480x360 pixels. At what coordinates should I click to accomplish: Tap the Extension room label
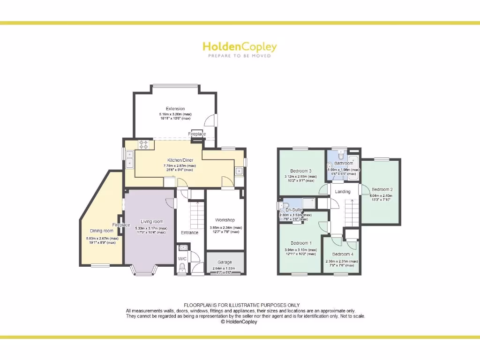pos(175,109)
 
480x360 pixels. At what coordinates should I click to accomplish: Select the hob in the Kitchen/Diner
pos(144,145)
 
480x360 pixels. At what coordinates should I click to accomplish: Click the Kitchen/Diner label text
pos(180,160)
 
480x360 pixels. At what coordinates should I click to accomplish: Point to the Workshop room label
pos(225,220)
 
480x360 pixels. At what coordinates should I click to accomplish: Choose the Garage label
pos(225,262)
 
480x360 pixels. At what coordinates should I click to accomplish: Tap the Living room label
pos(152,222)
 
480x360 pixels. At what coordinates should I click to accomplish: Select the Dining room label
pos(102,231)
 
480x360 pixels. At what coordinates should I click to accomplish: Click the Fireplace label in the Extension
pos(197,134)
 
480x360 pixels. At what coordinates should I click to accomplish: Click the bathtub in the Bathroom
pos(354,168)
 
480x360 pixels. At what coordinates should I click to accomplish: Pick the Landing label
pos(342,191)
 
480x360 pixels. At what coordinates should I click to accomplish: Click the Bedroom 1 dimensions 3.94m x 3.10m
pos(301,250)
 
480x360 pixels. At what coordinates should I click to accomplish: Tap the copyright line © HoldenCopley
pos(239,322)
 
